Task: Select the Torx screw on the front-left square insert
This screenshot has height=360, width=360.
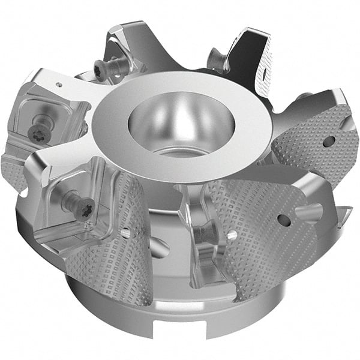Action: click(80, 207)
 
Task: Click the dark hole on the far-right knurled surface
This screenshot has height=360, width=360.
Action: click(328, 142)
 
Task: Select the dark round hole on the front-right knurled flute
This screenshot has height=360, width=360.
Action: click(284, 220)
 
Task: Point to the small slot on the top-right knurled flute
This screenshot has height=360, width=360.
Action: click(263, 73)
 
